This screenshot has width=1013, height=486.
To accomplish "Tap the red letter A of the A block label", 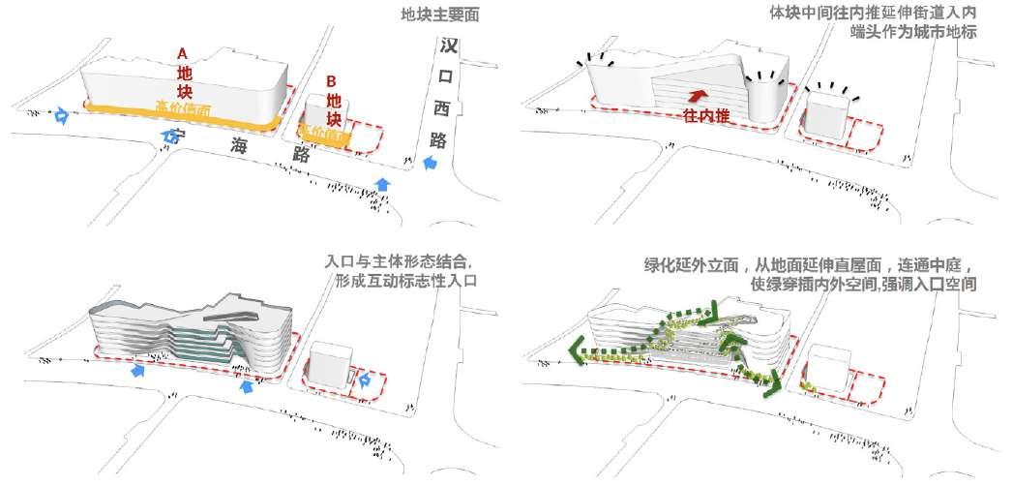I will [183, 55].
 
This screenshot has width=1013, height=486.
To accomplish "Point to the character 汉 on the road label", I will [447, 46].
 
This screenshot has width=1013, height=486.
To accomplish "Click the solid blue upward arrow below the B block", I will [384, 184].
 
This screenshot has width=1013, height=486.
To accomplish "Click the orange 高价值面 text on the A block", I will [184, 108].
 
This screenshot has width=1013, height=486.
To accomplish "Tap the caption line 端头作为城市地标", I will [914, 32].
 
